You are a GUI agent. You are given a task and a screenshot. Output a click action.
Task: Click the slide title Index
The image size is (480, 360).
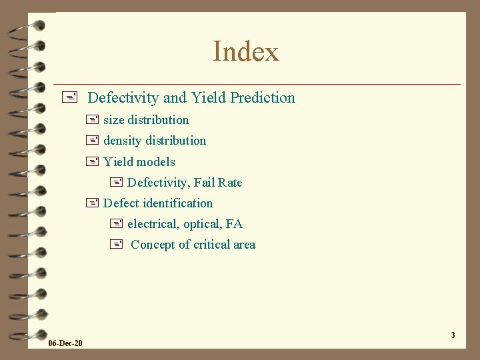click(x=246, y=51)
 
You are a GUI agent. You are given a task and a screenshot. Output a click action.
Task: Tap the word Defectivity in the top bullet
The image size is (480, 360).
click(x=123, y=98)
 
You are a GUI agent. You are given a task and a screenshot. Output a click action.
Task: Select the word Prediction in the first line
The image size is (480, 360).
click(x=262, y=98)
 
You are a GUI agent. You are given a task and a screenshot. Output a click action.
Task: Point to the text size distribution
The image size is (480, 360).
click(x=146, y=120)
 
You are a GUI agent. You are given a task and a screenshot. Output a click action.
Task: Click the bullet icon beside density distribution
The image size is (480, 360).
click(x=92, y=141)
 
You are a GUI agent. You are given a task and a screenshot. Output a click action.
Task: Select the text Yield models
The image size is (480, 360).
click(x=139, y=162)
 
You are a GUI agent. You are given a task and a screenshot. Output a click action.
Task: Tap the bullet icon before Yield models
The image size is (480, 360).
click(x=92, y=161)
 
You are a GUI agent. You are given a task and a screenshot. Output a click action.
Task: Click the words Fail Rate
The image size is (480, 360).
click(x=218, y=183)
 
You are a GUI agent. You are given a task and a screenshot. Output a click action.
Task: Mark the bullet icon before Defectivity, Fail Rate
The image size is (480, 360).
click(x=116, y=183)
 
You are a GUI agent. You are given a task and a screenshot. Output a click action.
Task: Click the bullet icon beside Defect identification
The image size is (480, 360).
click(x=92, y=203)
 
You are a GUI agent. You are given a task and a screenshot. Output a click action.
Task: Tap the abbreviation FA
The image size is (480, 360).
click(x=235, y=224)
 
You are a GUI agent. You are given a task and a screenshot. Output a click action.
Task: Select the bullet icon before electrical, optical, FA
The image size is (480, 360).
click(x=116, y=224)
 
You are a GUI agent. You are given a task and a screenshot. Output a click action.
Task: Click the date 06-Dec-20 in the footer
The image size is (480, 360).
click(x=65, y=343)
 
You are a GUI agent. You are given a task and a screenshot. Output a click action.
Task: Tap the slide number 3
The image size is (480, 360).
click(x=453, y=335)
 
